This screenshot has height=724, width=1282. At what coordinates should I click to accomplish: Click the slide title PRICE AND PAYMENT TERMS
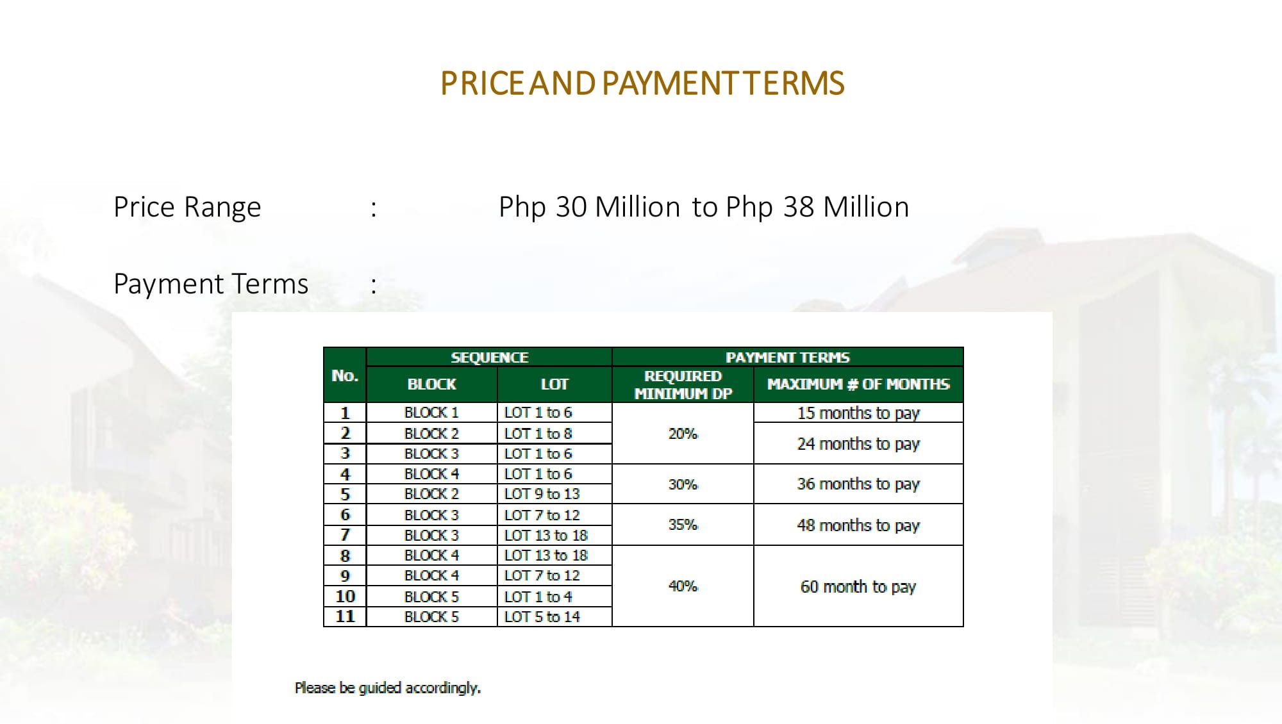642,83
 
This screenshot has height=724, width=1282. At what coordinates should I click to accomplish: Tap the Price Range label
187,208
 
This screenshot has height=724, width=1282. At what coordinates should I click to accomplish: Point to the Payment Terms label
211,284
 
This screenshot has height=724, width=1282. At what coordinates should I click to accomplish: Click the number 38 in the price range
799,207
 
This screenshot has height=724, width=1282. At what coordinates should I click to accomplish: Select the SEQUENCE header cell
489,357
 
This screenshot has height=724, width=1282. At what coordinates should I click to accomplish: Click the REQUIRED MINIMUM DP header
683,384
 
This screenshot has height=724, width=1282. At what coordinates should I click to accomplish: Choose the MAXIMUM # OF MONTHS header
858,384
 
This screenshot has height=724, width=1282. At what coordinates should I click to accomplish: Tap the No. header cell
345,375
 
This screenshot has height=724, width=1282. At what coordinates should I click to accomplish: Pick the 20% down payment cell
683,434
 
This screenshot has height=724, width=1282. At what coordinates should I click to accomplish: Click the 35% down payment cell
683,525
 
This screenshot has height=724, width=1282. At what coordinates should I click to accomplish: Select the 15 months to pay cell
858,413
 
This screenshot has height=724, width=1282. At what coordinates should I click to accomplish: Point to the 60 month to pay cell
858,586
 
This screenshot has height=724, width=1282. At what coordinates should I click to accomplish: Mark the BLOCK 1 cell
431,413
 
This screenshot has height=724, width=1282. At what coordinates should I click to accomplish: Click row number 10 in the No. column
345,596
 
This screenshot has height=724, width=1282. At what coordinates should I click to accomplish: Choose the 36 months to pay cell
858,484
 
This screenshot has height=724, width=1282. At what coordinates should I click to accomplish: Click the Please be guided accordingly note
388,688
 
